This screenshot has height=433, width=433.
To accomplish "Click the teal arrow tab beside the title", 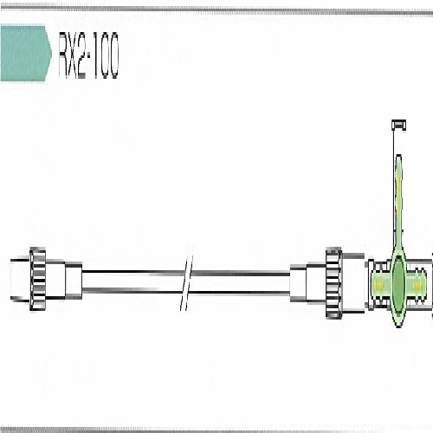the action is (x=25, y=54).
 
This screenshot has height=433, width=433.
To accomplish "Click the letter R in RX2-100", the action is (x=63, y=55).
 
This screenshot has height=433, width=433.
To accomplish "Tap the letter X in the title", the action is (x=73, y=55).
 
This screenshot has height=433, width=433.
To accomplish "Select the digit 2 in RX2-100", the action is (x=81, y=55).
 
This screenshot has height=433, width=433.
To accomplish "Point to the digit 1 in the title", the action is (x=93, y=55).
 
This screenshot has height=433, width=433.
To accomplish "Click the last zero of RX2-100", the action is (x=113, y=55).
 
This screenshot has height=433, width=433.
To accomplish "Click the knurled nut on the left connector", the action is (x=37, y=279).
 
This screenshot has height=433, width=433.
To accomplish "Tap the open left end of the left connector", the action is (x=11, y=279).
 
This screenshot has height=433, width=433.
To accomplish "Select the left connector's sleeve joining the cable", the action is (x=74, y=281).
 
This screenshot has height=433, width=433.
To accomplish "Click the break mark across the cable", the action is (x=186, y=283).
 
